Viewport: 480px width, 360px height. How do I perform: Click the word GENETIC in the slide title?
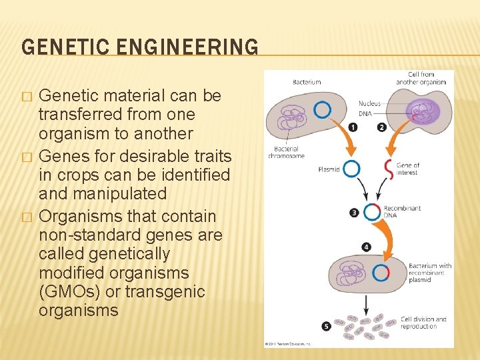point(59,47)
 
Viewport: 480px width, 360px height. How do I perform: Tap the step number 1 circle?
point(352,127)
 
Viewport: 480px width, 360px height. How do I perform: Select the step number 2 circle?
point(382,127)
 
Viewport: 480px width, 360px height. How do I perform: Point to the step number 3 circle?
point(355,213)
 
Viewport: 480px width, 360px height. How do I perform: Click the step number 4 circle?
point(366,247)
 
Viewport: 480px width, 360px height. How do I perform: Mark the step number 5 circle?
point(326,326)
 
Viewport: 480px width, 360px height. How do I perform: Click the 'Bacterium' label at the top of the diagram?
point(307,82)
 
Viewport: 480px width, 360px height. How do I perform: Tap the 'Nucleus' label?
point(370,103)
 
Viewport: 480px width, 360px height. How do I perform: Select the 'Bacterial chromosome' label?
point(287,152)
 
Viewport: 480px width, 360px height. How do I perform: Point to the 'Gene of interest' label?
point(407,169)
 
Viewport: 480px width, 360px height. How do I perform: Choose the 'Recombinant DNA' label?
point(402,212)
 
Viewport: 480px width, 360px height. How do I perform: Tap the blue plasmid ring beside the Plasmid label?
point(351,169)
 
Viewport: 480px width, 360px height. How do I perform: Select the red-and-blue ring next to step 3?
point(371,212)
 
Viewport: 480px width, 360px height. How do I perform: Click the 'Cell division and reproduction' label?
point(423,323)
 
